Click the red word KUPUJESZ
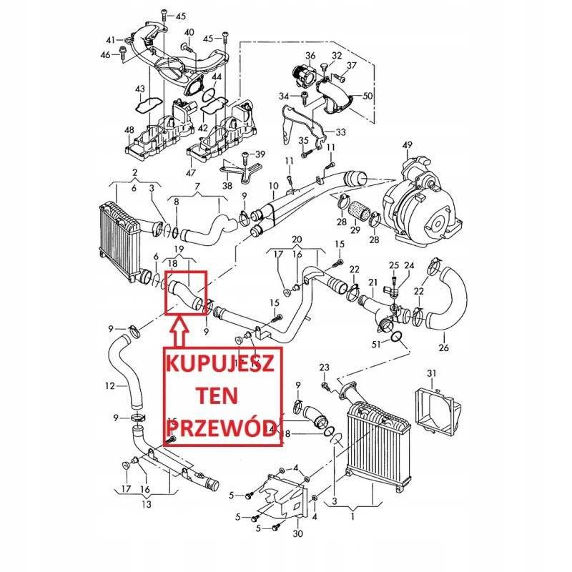click(x=223, y=364)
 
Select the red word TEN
click(x=223, y=395)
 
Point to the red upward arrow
click(x=179, y=331)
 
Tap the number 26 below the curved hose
click(x=444, y=348)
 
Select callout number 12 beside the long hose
click(x=109, y=387)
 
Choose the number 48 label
click(x=129, y=129)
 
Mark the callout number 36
click(x=310, y=56)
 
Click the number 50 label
click(x=368, y=95)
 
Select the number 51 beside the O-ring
click(x=377, y=347)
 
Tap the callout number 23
click(x=324, y=368)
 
